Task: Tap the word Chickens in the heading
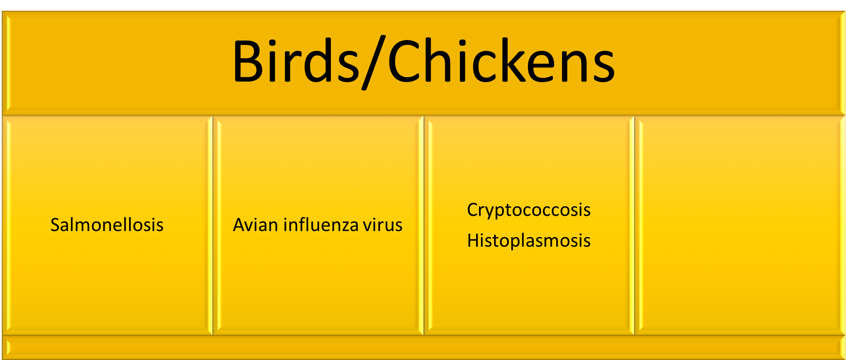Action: (501, 61)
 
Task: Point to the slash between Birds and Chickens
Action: (374, 62)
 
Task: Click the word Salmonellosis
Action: (107, 225)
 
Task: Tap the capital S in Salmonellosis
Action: (56, 225)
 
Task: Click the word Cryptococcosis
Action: (529, 211)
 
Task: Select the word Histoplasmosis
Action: (529, 241)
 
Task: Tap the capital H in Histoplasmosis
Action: (473, 240)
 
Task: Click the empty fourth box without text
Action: (740, 225)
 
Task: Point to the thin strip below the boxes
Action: (423, 347)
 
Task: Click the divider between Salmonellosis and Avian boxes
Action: (213, 225)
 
